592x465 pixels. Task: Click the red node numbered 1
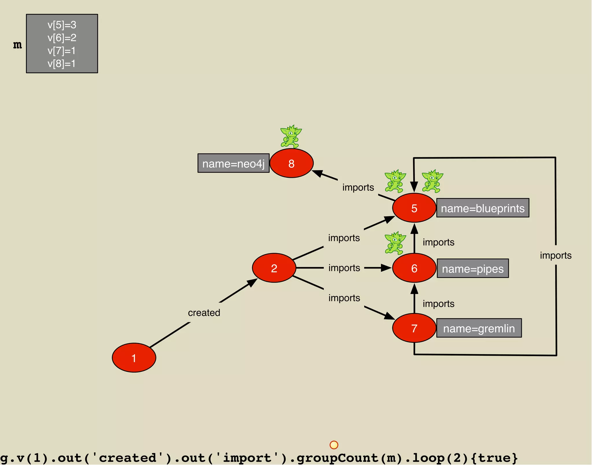tap(134, 358)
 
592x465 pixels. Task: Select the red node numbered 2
tap(274, 268)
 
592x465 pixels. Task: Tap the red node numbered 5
tap(414, 208)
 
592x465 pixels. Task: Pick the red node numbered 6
tap(414, 268)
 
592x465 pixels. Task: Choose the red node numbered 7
tap(414, 328)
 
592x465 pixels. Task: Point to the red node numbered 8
tap(291, 163)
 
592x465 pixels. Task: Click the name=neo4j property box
tap(233, 163)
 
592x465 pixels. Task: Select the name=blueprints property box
tap(482, 208)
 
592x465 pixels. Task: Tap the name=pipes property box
tap(473, 268)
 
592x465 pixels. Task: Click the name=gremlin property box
tap(479, 328)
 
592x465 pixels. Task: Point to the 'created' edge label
tap(204, 313)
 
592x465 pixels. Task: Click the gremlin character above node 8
tap(291, 136)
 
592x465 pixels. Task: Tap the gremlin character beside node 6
tap(395, 243)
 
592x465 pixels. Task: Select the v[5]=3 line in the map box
tap(62, 25)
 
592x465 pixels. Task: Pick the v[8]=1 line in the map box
tap(62, 64)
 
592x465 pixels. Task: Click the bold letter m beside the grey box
tap(17, 45)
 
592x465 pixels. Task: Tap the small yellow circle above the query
tap(334, 445)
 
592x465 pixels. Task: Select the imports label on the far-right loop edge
tap(556, 255)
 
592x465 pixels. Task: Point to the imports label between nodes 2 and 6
tap(344, 268)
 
